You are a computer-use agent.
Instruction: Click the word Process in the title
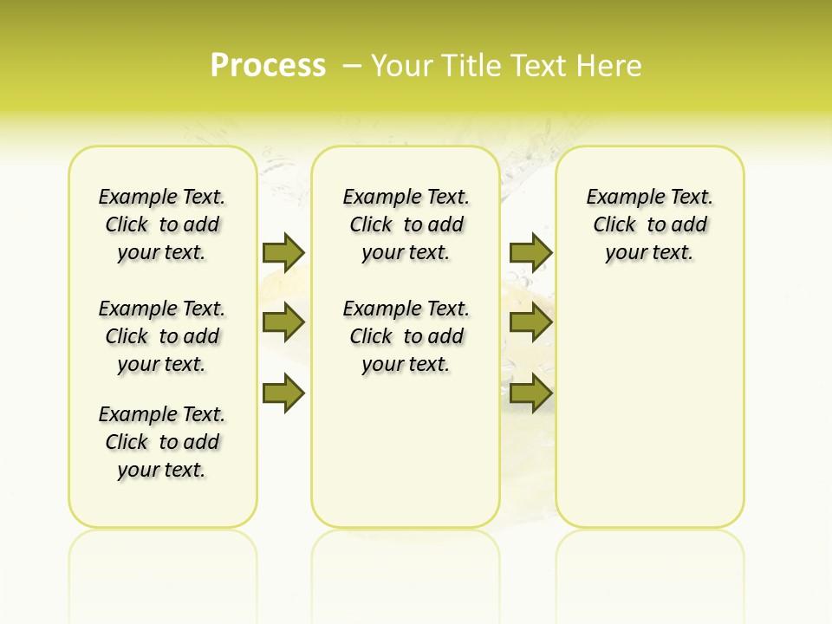click(x=268, y=65)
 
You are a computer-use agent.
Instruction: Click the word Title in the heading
click(x=471, y=66)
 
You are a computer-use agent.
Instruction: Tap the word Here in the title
click(x=611, y=66)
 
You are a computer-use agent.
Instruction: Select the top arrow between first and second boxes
click(x=283, y=252)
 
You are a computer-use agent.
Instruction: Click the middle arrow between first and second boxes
click(x=283, y=323)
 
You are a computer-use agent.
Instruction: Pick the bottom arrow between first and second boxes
click(x=283, y=393)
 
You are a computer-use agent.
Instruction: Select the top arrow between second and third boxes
click(x=530, y=252)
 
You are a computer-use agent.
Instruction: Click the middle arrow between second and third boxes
click(x=530, y=323)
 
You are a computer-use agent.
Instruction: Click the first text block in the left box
click(x=162, y=224)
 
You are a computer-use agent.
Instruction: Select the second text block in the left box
click(x=162, y=336)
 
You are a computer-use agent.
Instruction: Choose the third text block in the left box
click(x=162, y=442)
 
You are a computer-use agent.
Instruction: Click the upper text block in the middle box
click(x=406, y=224)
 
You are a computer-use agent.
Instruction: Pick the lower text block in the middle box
click(x=406, y=336)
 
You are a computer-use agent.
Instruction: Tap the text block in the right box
click(x=649, y=224)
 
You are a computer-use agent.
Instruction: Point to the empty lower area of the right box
click(x=649, y=407)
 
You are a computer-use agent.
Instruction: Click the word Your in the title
click(x=401, y=66)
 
